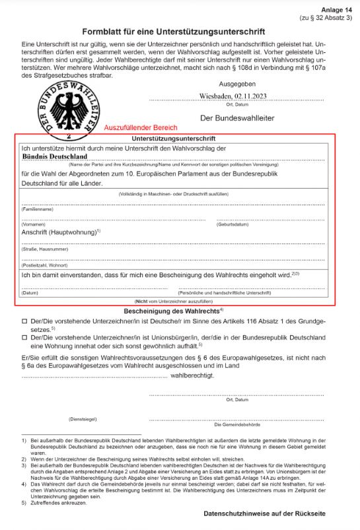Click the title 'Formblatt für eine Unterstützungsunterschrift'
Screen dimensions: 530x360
(173, 31)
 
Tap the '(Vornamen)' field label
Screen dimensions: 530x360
(33, 224)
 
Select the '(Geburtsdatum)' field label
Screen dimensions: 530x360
(233, 224)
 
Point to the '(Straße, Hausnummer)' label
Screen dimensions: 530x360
(45, 249)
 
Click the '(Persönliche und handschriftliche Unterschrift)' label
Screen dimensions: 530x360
(225, 292)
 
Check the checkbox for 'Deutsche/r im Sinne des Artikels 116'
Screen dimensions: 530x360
(24, 321)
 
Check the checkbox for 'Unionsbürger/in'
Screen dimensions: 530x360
(24, 337)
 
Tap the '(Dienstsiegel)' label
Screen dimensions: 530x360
(83, 419)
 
